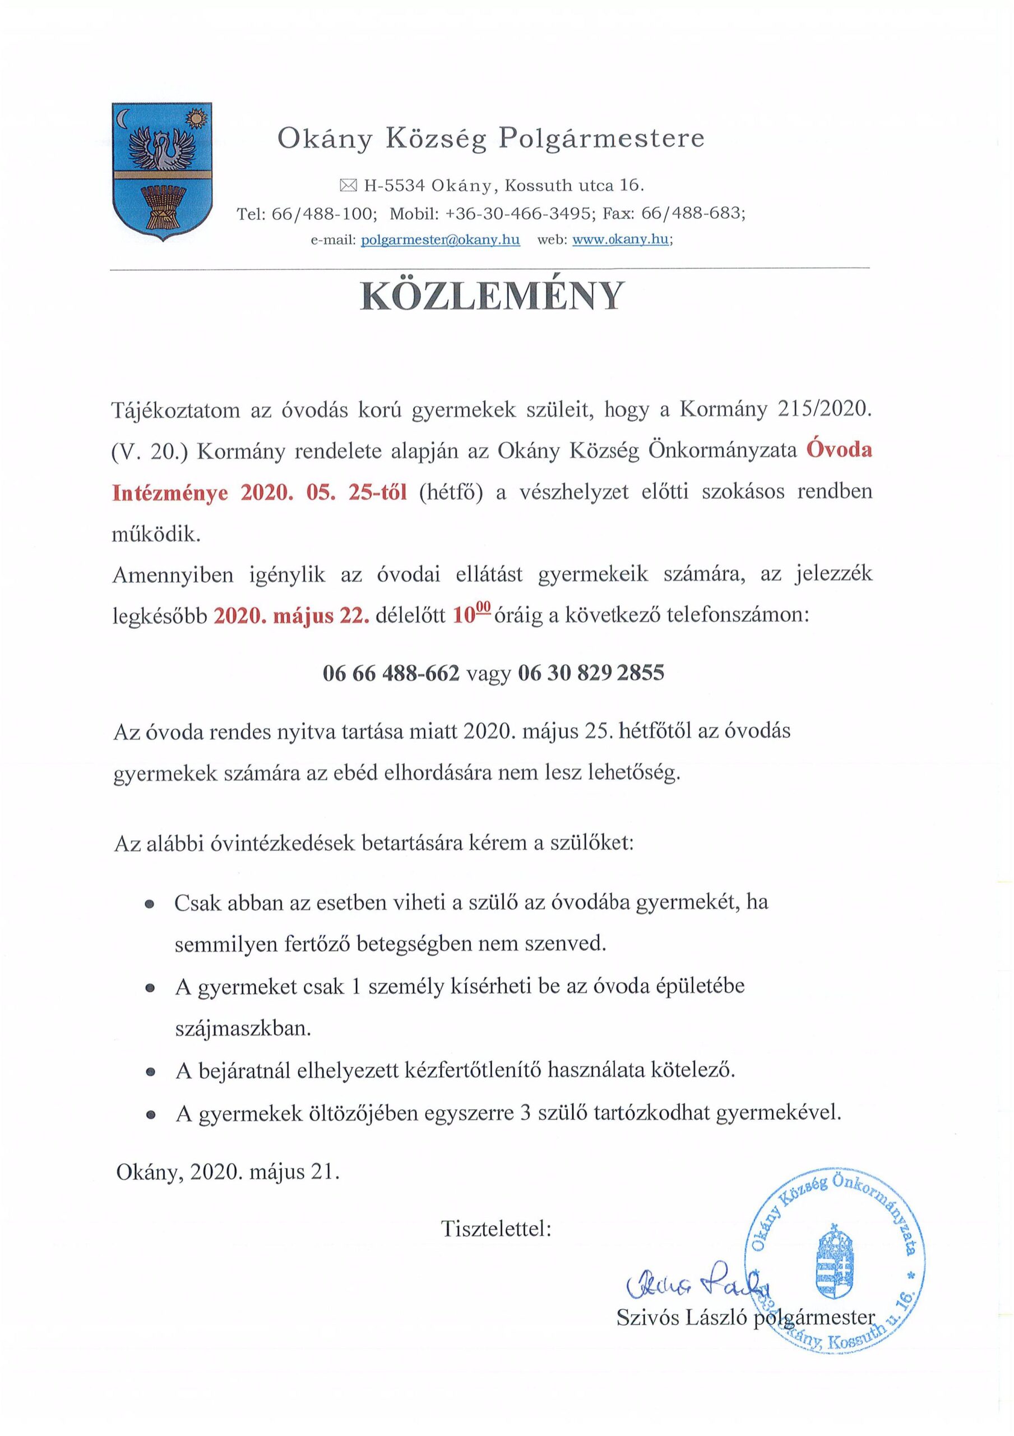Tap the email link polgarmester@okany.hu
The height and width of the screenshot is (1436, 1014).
tap(440, 240)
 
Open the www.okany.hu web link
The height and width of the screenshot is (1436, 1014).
tap(621, 240)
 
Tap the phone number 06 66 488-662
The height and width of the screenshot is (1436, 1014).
tap(391, 673)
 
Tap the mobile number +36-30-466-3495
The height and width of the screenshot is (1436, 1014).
tap(520, 213)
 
